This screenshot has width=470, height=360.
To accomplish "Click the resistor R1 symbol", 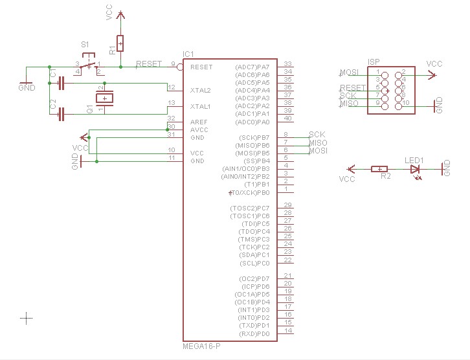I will [120, 43].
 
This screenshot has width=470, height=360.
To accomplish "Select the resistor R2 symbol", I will [379, 169].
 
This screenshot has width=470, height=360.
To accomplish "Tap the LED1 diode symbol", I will [414, 169].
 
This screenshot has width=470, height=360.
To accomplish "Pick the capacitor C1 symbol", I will [62, 83].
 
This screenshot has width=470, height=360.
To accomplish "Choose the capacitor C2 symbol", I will [62, 115].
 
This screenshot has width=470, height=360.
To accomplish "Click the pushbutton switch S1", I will [89, 63].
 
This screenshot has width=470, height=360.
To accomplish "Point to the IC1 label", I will [188, 54].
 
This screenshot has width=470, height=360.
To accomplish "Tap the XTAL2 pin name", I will [201, 91].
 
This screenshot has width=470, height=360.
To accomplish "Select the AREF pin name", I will [199, 122].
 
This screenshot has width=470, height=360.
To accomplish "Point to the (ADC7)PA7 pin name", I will [262, 67].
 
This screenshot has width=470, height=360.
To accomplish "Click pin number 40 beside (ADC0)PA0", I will [288, 118].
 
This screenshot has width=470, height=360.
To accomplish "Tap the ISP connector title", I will [374, 62].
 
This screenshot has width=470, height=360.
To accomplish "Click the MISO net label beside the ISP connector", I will [349, 104].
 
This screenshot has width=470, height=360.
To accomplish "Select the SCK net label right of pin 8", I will [317, 134].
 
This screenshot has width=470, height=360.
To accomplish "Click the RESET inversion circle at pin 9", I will [179, 67].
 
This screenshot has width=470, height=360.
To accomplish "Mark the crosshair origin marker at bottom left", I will [26, 317].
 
